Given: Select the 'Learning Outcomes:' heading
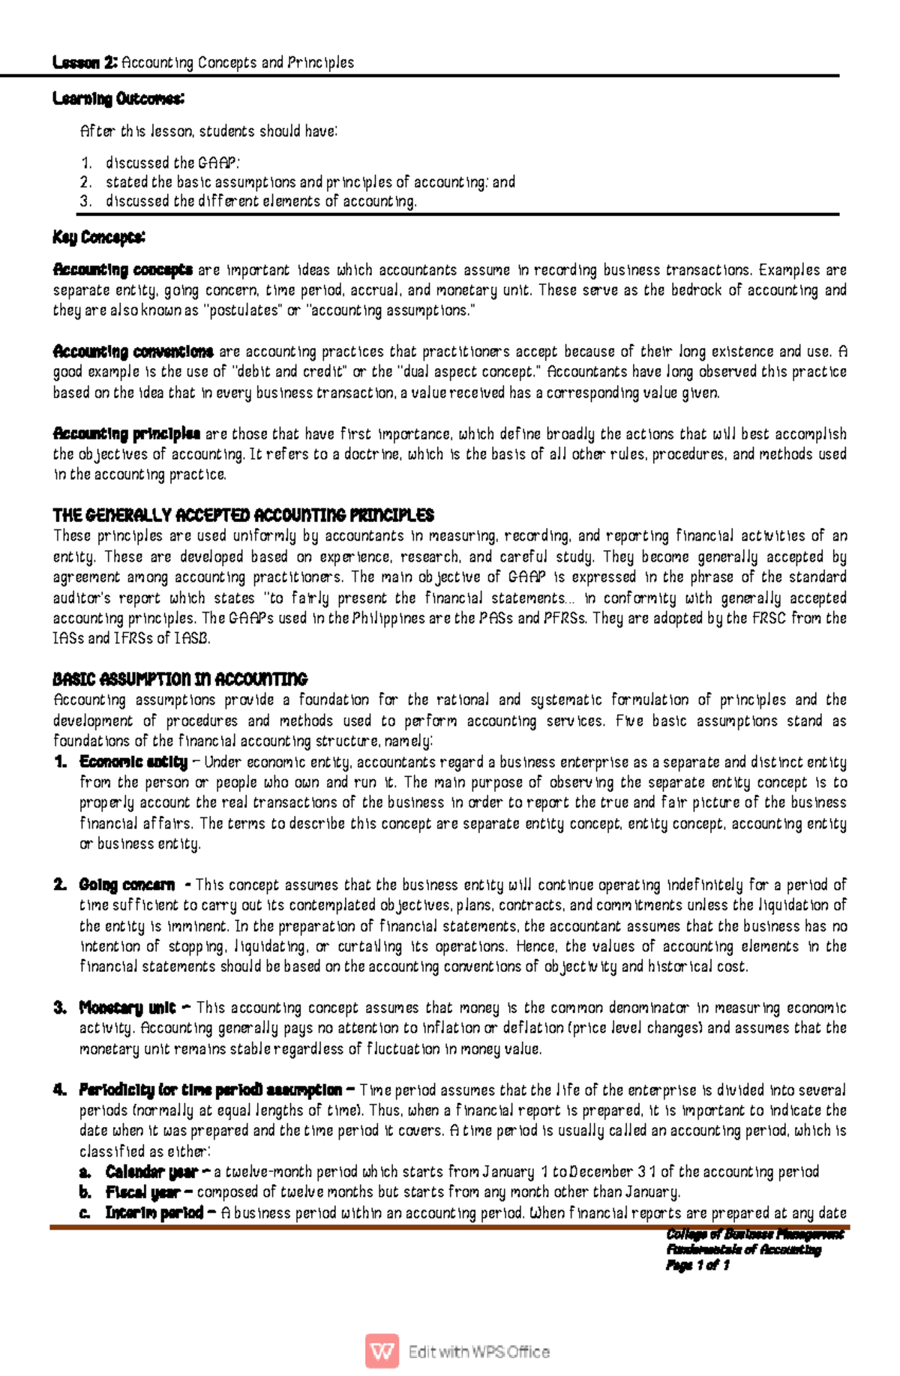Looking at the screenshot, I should (x=118, y=99).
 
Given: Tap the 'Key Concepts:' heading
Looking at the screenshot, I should (x=98, y=238).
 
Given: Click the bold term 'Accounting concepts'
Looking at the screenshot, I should (x=123, y=270).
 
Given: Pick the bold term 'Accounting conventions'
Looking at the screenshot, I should (x=133, y=352).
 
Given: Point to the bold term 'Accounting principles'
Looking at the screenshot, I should (x=127, y=434).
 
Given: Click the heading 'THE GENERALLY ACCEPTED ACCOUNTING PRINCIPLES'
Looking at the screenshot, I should (x=243, y=516).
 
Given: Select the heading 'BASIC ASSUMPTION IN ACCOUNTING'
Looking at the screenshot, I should (x=180, y=679).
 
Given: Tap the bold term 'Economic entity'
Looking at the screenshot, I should (x=133, y=763).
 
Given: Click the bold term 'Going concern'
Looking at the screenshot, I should (x=127, y=885).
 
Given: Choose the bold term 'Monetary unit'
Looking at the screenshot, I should (x=127, y=1008).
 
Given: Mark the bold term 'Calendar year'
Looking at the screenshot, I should (x=151, y=1172).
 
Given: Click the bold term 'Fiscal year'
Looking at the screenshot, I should (x=142, y=1192).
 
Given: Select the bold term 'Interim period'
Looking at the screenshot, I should (x=154, y=1213).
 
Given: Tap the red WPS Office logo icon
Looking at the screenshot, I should (x=382, y=1351).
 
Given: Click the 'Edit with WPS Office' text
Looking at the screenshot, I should (x=479, y=1352).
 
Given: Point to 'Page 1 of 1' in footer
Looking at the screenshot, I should (x=697, y=1265).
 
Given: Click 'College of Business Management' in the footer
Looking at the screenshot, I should (x=754, y=1234).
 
